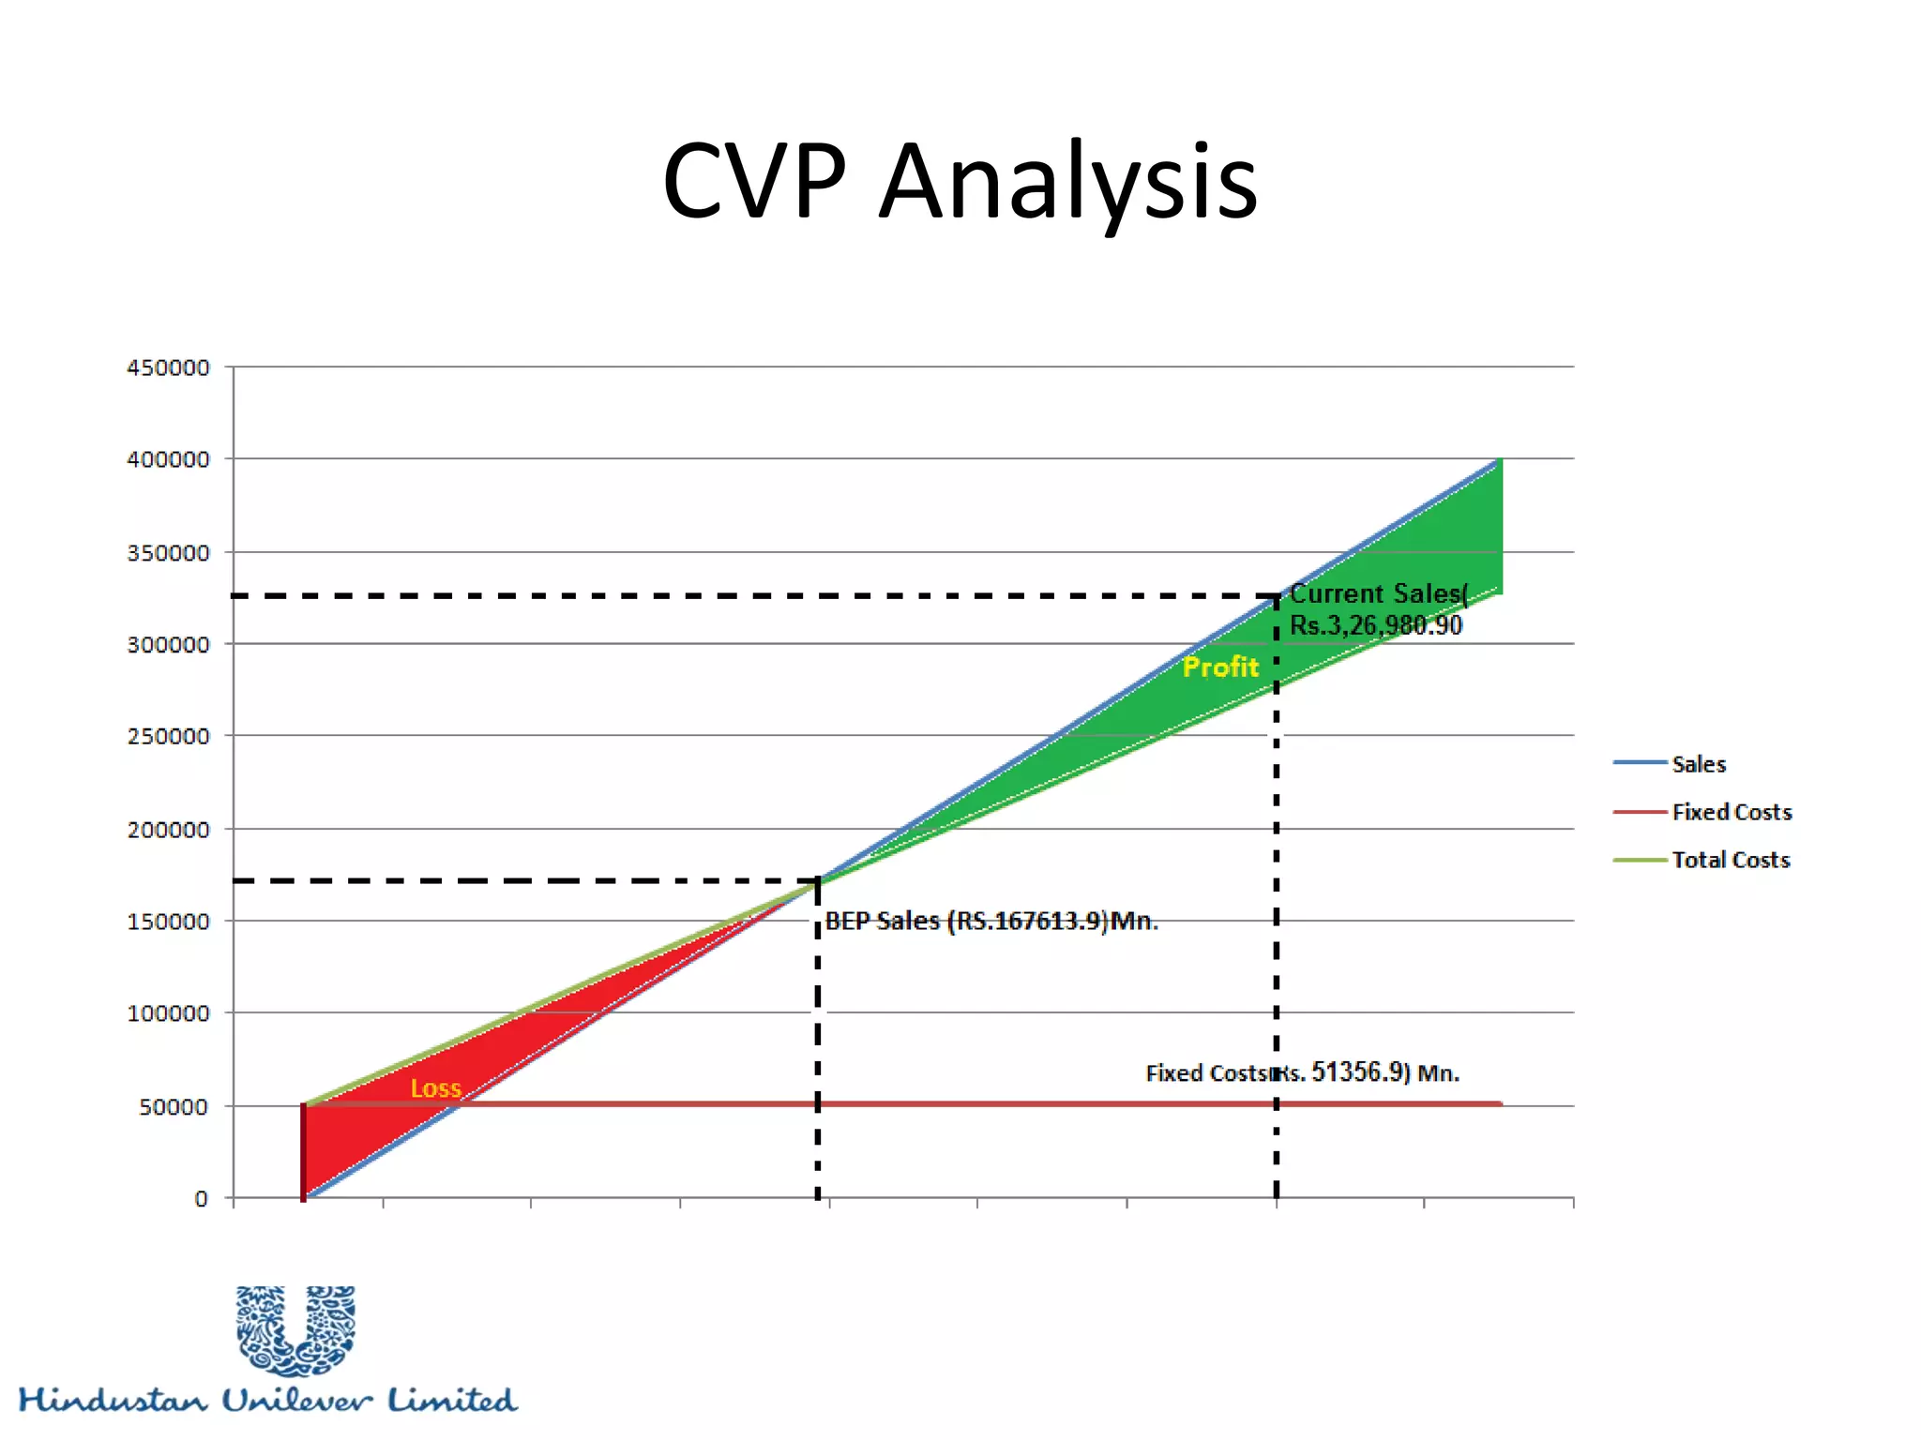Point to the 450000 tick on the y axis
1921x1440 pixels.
point(169,367)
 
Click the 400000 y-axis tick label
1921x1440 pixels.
point(169,459)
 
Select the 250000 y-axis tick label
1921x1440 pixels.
point(169,737)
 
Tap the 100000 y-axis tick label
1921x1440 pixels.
point(169,1013)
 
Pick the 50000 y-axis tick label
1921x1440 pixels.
point(174,1107)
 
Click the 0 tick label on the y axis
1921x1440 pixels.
point(201,1199)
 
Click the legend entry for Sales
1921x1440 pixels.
point(1698,764)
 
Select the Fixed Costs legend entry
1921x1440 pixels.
point(1731,812)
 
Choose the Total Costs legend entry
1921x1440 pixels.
point(1731,860)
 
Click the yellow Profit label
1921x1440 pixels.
point(1220,667)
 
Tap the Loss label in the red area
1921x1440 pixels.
point(436,1088)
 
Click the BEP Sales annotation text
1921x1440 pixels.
point(991,922)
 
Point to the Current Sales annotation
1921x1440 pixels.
point(1376,609)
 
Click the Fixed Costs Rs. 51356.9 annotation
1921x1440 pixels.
point(1302,1072)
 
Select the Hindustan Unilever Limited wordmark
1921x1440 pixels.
point(268,1401)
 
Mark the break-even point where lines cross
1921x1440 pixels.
point(818,880)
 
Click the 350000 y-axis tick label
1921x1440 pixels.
point(169,553)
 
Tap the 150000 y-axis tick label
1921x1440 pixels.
point(169,922)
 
